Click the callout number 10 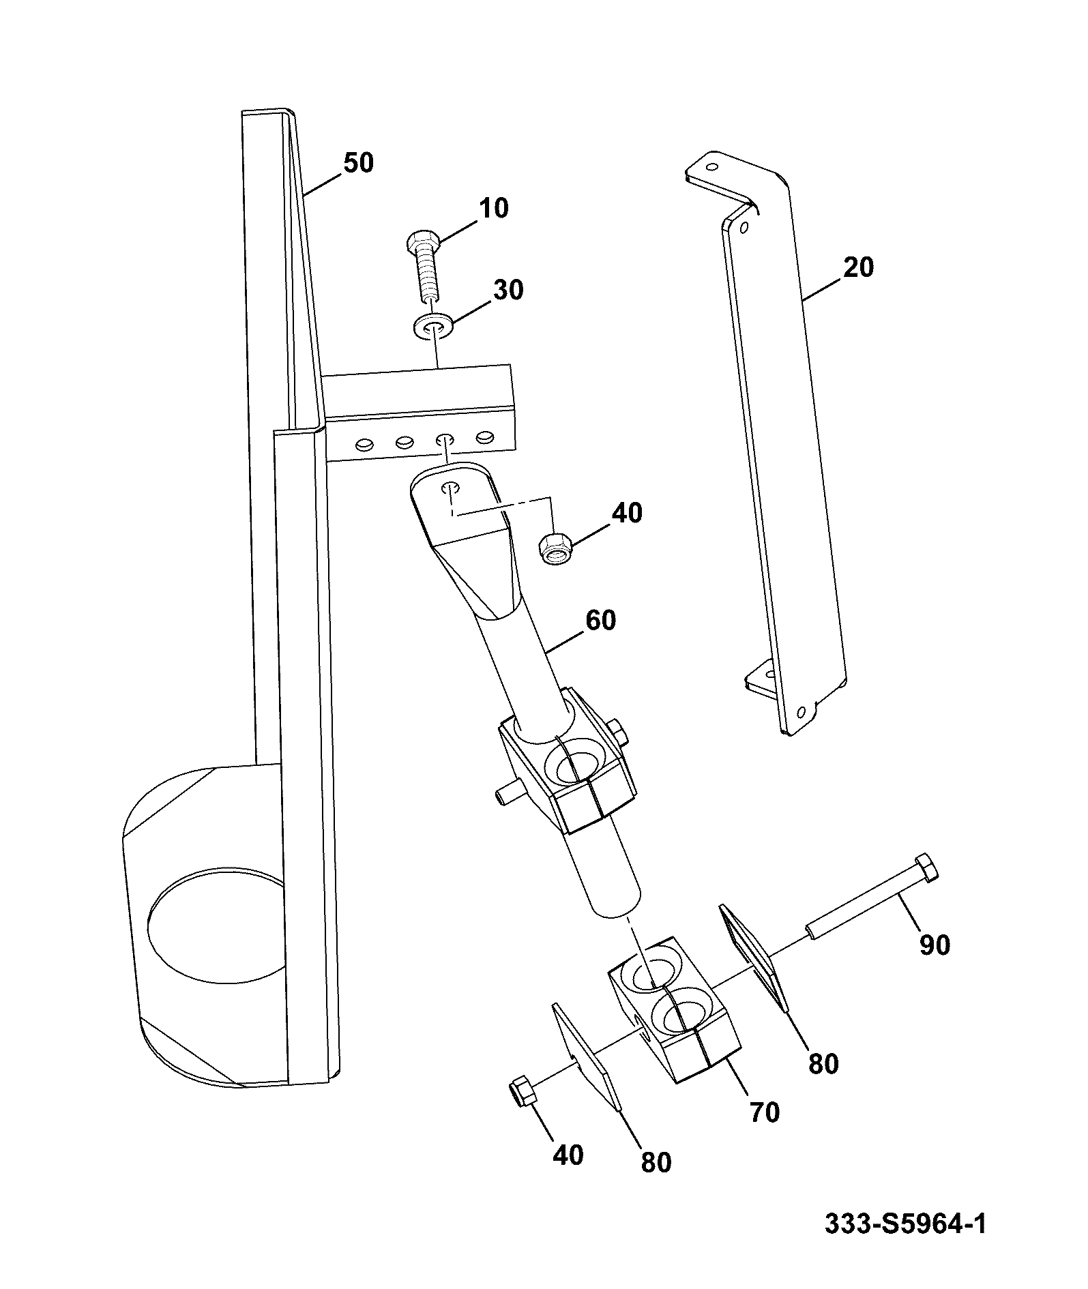coord(493,208)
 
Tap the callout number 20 coord(857,268)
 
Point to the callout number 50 coord(357,164)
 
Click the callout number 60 coord(600,621)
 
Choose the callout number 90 coord(934,945)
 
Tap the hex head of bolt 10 coord(422,242)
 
